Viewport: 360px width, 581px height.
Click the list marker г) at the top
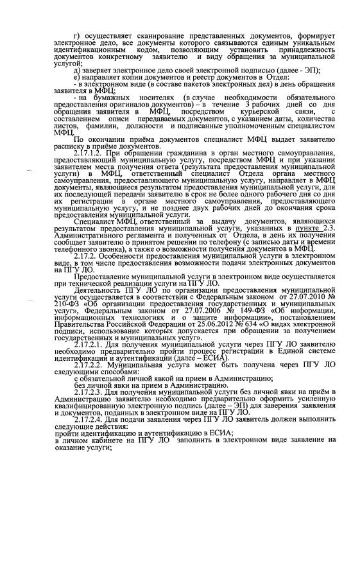[x=76, y=34]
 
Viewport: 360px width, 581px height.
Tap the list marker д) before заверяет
[x=77, y=69]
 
